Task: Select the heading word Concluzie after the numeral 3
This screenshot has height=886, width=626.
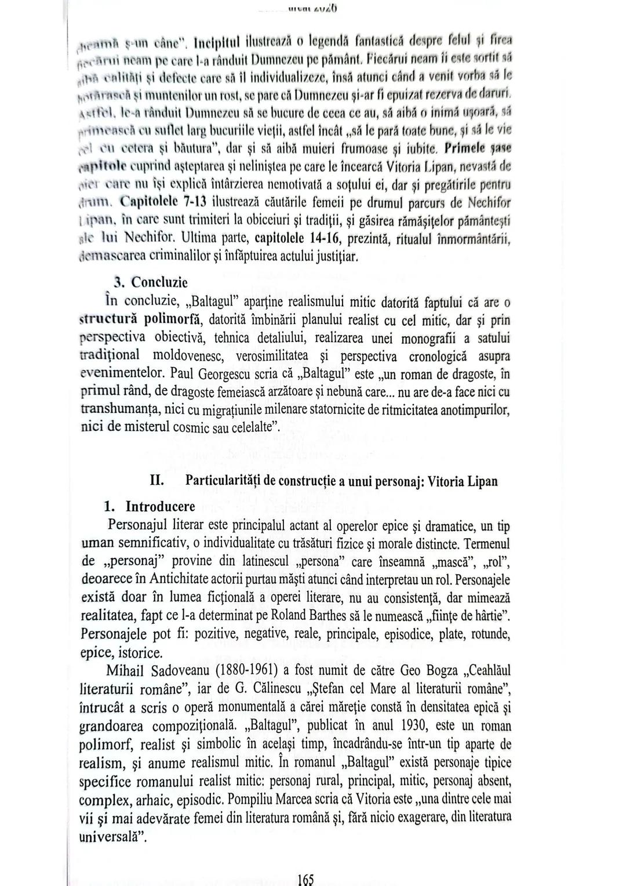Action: coord(159,282)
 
